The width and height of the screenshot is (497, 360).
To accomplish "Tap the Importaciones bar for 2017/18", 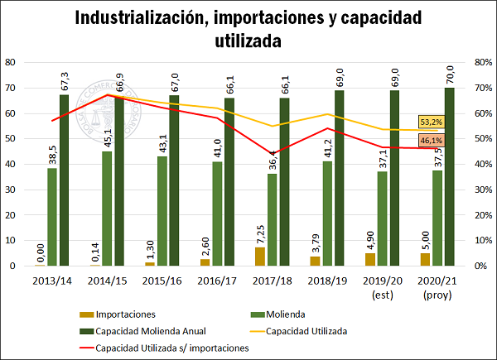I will (260, 257).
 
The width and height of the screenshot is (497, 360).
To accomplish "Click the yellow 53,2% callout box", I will (431, 122).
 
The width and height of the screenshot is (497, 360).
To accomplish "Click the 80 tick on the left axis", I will (12, 62).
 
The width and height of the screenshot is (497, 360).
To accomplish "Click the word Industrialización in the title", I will (145, 17).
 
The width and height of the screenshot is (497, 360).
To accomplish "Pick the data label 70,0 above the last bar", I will (449, 75).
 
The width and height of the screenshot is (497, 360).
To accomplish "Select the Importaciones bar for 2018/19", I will (315, 261).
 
